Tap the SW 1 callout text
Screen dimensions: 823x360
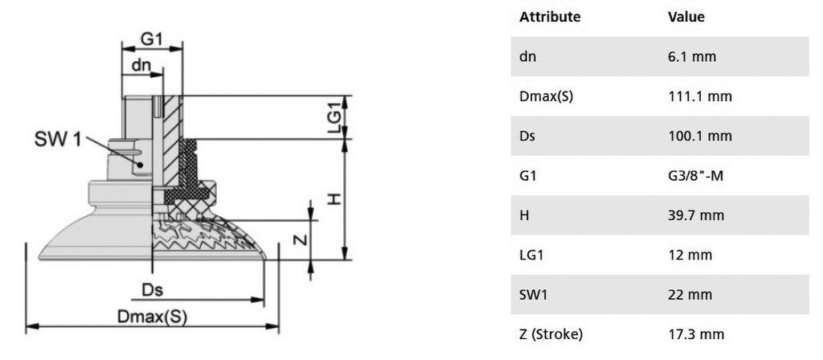[58, 139]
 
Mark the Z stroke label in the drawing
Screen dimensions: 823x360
[300, 239]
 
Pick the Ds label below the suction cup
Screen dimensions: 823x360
[152, 289]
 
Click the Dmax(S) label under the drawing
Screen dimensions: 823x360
[152, 317]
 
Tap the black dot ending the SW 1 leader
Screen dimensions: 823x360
[141, 164]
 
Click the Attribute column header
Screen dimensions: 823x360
[550, 17]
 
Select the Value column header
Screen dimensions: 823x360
[686, 17]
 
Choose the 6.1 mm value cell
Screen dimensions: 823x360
[692, 57]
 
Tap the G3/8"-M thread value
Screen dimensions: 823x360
[695, 176]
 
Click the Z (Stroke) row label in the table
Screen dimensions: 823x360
[551, 335]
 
